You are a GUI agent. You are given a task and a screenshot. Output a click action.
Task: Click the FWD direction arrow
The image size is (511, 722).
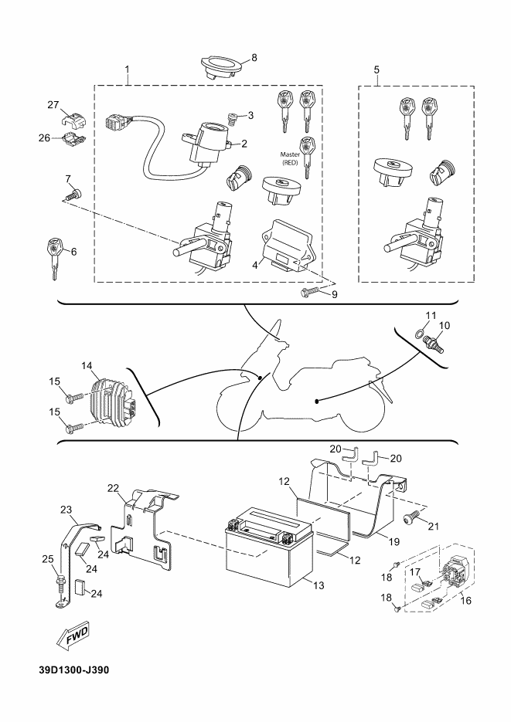point(73,636)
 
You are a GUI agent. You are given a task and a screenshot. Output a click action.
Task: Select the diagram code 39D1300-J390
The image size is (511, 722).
point(74,669)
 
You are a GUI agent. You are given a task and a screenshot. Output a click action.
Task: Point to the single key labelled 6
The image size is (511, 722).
point(54,257)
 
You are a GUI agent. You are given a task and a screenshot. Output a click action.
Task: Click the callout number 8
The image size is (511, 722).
point(254,58)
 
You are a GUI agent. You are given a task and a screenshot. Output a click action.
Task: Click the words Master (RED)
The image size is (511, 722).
point(291,158)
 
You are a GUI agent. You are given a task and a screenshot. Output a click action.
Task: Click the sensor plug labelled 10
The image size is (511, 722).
point(435,345)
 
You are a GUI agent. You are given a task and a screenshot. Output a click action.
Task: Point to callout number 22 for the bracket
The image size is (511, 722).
point(114,488)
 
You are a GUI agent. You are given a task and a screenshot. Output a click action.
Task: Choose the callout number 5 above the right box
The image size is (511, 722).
point(376,69)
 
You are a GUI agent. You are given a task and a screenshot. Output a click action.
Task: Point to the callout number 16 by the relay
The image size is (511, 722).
point(466,600)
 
